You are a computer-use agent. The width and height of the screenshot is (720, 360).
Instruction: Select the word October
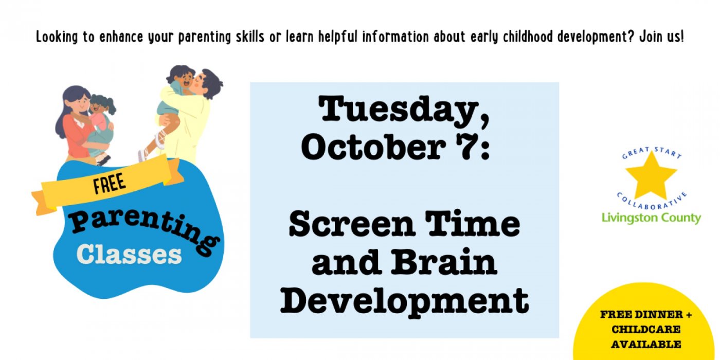(x=373, y=147)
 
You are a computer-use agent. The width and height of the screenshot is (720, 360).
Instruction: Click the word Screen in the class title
(x=352, y=224)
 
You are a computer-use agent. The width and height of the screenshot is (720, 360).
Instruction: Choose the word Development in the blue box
(x=404, y=301)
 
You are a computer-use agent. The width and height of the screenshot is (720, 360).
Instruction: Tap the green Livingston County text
(x=651, y=219)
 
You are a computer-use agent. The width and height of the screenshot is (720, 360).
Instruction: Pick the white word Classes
(x=129, y=255)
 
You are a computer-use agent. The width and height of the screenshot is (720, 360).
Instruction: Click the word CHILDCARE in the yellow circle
(x=646, y=330)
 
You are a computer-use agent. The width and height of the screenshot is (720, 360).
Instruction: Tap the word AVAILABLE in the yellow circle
(x=646, y=345)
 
